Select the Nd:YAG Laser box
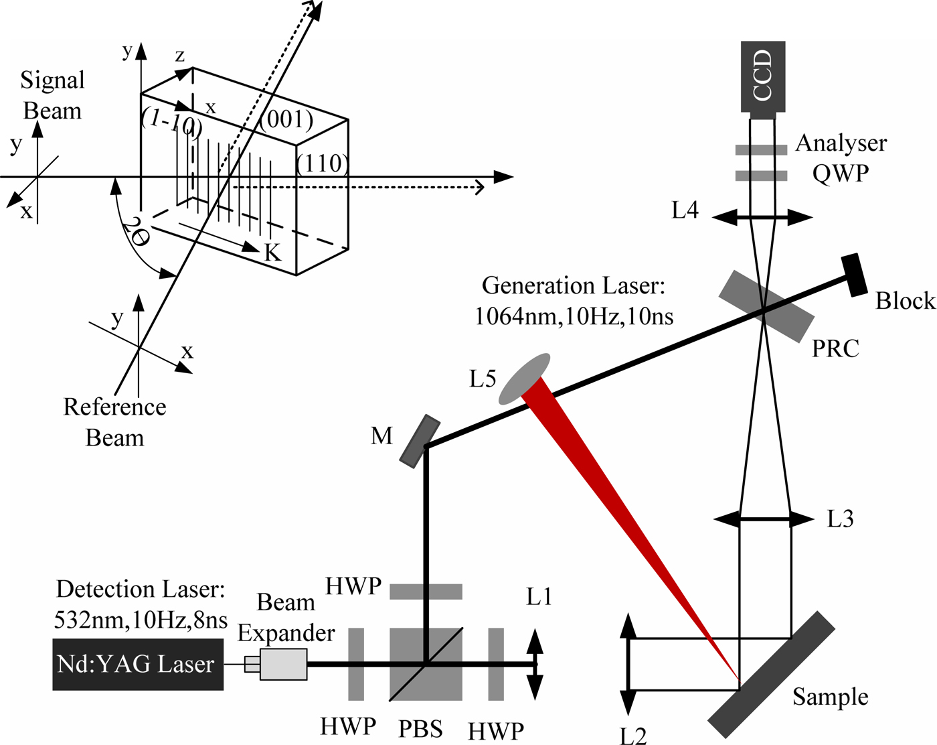click(x=138, y=664)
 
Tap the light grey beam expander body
click(x=283, y=664)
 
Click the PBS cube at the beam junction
click(x=425, y=663)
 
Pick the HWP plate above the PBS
click(x=426, y=592)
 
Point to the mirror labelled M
click(x=420, y=441)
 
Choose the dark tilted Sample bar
click(x=772, y=673)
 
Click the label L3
click(x=840, y=519)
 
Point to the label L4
click(x=685, y=211)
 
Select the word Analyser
click(x=841, y=143)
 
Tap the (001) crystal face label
click(x=286, y=119)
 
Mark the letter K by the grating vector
click(x=272, y=253)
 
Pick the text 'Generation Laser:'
click(x=573, y=286)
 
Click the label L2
click(x=632, y=734)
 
